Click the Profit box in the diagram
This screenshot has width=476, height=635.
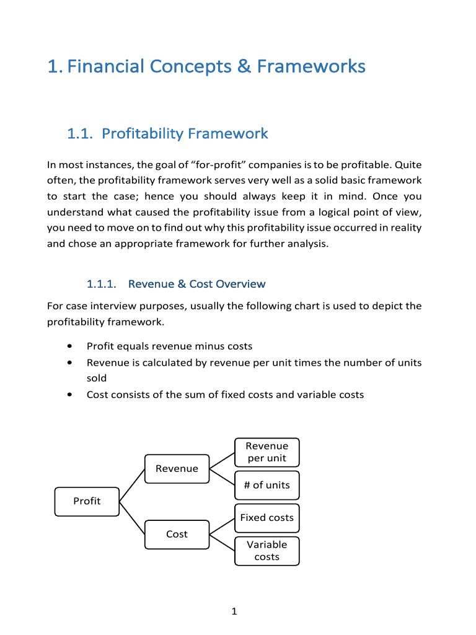[86, 501]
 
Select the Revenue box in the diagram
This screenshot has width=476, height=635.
[177, 469]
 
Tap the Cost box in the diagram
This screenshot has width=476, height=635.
[177, 534]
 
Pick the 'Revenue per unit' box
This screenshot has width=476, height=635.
[267, 452]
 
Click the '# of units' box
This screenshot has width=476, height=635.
[267, 485]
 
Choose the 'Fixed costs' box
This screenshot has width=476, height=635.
[267, 518]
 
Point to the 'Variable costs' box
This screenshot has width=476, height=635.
[267, 551]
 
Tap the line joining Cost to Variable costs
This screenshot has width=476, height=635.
[222, 543]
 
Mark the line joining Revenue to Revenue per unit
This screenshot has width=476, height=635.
[222, 460]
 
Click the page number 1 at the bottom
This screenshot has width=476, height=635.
[234, 612]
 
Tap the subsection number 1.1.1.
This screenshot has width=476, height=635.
[102, 284]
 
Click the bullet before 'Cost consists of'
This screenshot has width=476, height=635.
[74, 394]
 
